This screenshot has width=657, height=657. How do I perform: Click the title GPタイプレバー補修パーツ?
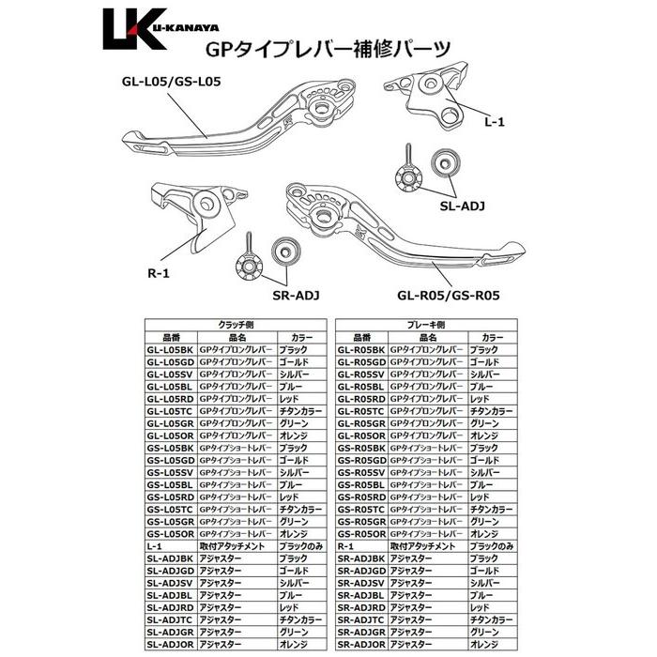(x=328, y=50)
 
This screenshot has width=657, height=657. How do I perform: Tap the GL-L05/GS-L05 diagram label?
(x=170, y=82)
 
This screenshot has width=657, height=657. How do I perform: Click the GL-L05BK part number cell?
(x=170, y=349)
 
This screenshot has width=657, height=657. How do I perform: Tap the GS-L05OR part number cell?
(x=170, y=533)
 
